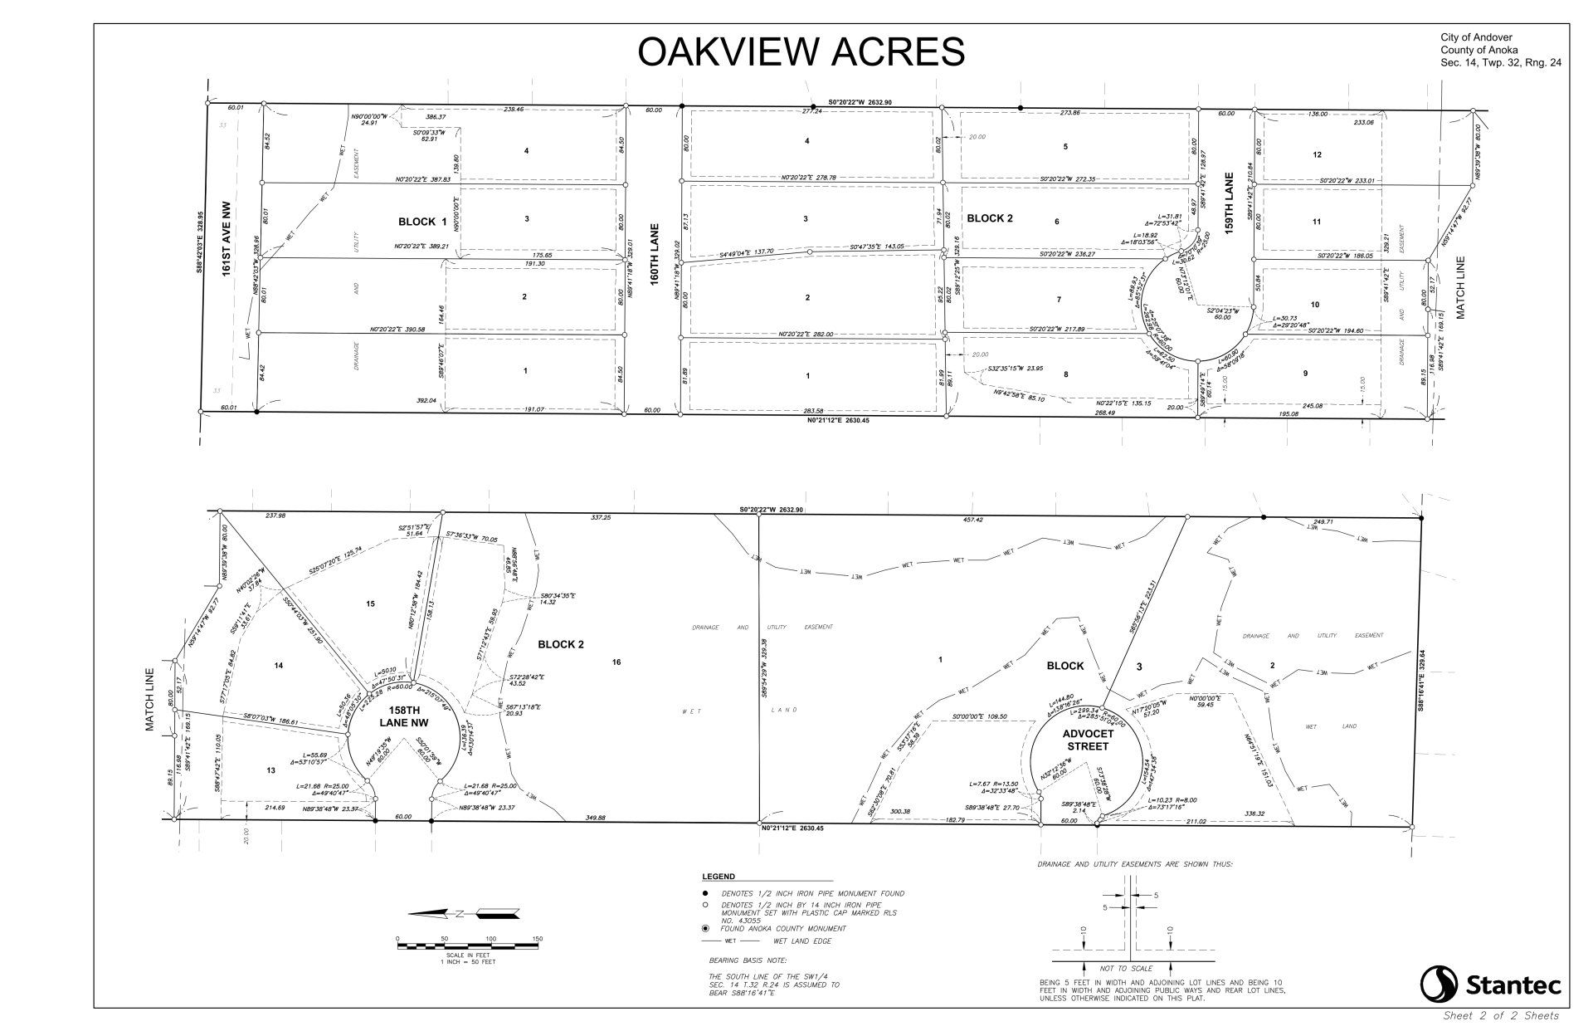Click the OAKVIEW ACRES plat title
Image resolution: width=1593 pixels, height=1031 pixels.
pyautogui.click(x=801, y=51)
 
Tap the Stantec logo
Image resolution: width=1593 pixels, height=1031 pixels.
pyautogui.click(x=1490, y=985)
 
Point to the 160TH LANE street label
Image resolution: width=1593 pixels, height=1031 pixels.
pyautogui.click(x=655, y=254)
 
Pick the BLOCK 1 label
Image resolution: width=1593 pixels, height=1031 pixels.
pyautogui.click(x=422, y=222)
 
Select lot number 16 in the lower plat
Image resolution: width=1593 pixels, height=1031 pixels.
pyautogui.click(x=616, y=662)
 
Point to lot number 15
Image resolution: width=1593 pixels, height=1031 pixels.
pyautogui.click(x=370, y=603)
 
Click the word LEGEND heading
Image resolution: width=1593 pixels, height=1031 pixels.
pyautogui.click(x=718, y=877)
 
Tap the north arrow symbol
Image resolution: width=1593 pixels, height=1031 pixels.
pyautogui.click(x=464, y=914)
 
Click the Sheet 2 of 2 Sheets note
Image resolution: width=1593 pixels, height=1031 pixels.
pyautogui.click(x=1501, y=1015)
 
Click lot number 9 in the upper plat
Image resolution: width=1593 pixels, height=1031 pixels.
pyautogui.click(x=1305, y=374)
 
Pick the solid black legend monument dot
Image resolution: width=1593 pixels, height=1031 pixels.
pyautogui.click(x=705, y=893)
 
